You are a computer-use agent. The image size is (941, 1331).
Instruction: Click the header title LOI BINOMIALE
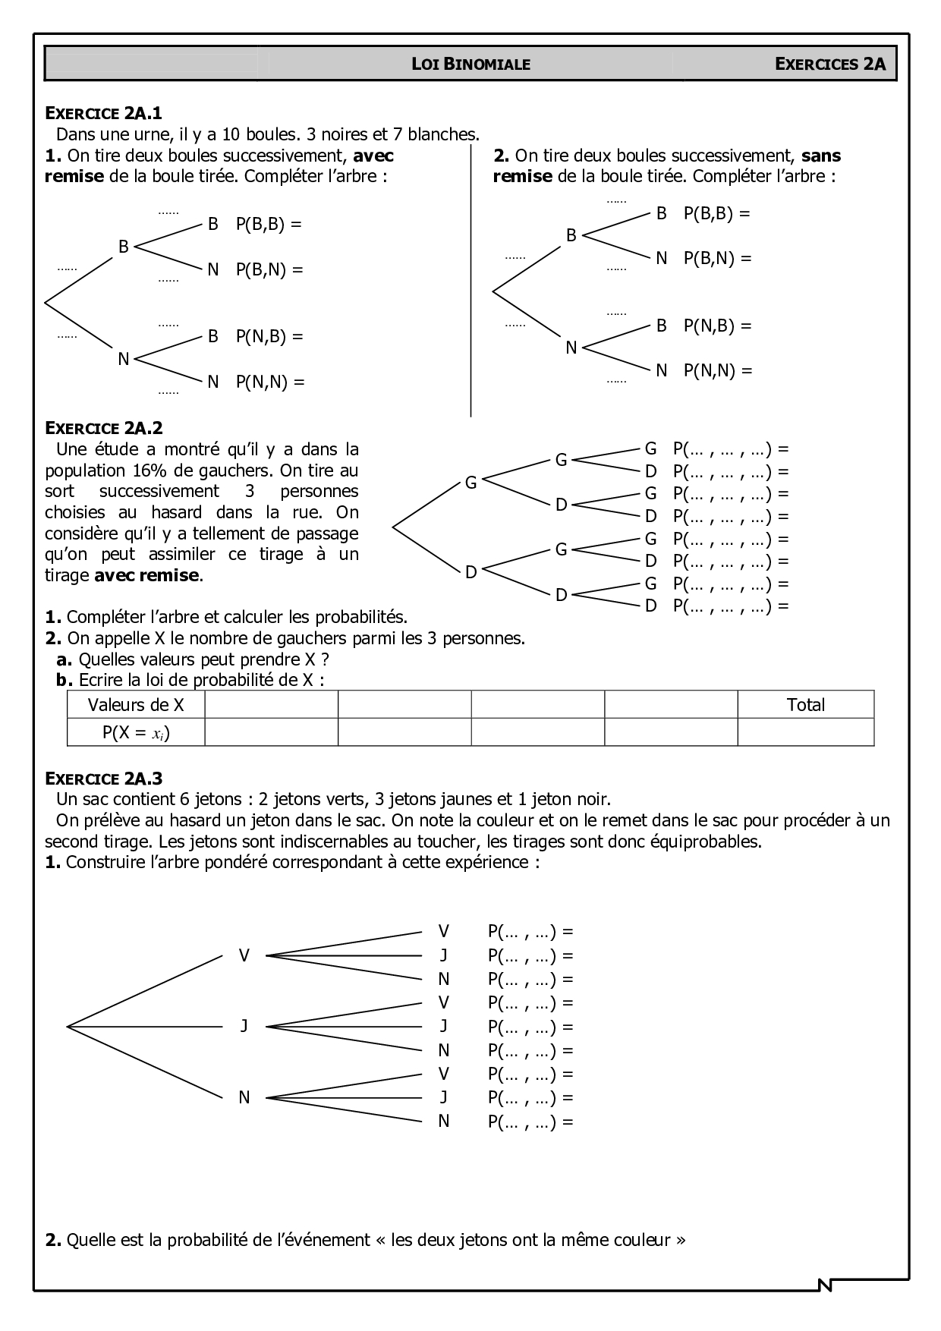(x=470, y=65)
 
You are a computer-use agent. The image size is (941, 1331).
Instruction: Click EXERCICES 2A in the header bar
(x=830, y=65)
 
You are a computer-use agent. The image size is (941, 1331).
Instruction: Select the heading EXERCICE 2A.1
(x=104, y=114)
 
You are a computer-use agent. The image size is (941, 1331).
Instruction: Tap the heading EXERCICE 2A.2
(x=104, y=428)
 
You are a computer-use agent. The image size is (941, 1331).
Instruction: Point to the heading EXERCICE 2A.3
(x=104, y=778)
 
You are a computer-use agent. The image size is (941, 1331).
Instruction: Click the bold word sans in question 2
(x=821, y=156)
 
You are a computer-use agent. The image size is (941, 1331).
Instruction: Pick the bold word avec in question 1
(x=373, y=156)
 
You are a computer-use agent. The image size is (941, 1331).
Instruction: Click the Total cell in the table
(x=805, y=705)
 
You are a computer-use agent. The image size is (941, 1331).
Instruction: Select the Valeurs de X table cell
(x=136, y=705)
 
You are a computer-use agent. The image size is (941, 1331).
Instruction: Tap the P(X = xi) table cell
(x=136, y=733)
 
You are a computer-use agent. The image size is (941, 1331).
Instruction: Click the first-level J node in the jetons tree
(x=244, y=1026)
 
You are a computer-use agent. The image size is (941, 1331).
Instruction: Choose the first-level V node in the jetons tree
(x=244, y=955)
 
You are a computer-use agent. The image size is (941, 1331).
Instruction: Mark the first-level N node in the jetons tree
(x=244, y=1097)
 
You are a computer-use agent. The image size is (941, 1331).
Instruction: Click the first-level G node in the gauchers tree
(x=470, y=483)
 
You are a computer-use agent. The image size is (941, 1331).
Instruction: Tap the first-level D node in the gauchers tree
(x=470, y=572)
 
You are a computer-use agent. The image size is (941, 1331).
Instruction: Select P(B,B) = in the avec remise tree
(x=269, y=225)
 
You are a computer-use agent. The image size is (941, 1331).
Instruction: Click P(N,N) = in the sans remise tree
(x=718, y=371)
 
